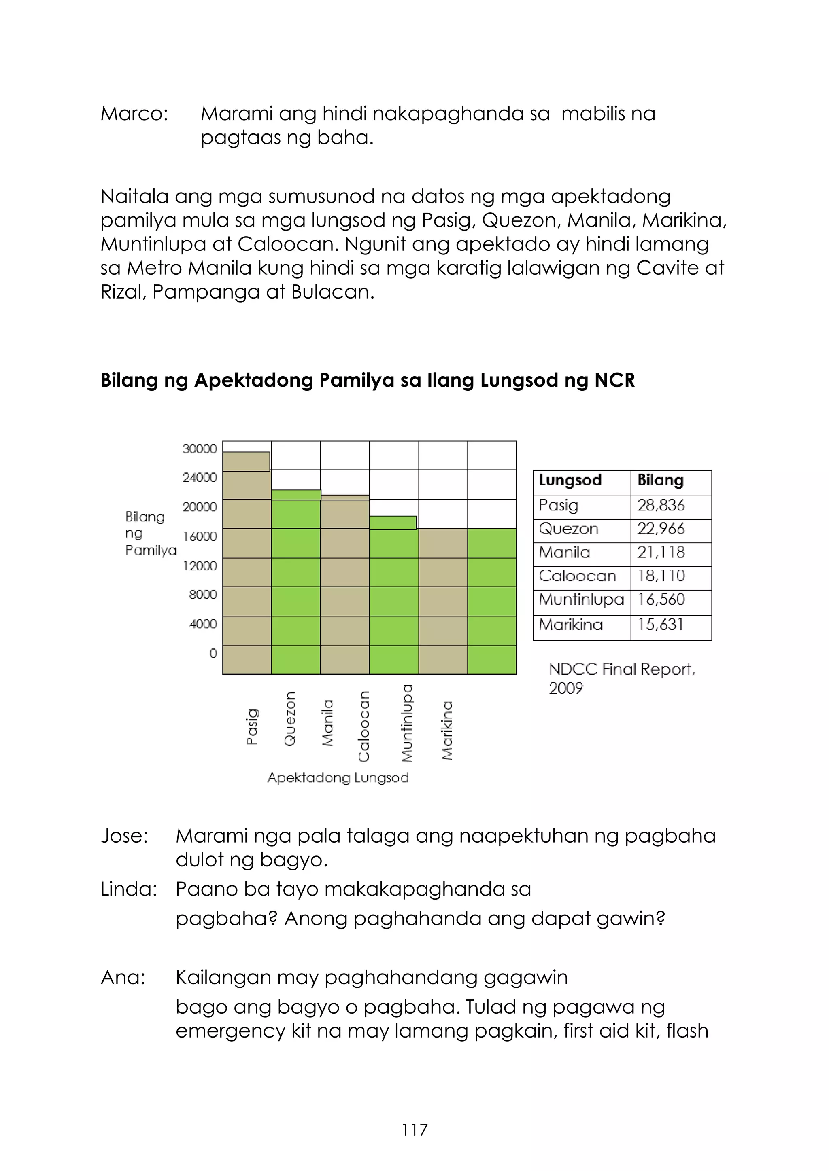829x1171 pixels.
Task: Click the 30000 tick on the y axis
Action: tap(200, 449)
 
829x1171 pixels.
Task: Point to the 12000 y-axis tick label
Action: tap(200, 565)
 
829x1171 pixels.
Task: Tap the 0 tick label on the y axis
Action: tap(213, 653)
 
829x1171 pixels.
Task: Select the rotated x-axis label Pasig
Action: tap(252, 727)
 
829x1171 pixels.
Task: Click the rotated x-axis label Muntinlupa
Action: tap(407, 723)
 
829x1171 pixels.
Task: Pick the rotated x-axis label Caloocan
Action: tap(363, 726)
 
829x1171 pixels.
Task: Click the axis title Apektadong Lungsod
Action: tap(338, 778)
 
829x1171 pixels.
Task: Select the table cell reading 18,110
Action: tap(661, 576)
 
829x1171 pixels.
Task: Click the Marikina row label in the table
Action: tap(571, 625)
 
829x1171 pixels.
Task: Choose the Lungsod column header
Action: tap(570, 481)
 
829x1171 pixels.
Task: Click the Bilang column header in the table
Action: tap(660, 481)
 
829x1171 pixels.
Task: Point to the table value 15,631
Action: tap(660, 625)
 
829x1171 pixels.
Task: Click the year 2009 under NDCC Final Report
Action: tap(565, 688)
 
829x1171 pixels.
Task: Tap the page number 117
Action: tap(414, 1130)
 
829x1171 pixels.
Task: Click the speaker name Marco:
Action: tap(134, 114)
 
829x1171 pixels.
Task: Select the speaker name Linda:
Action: tap(129, 889)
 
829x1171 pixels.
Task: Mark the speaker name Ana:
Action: tap(123, 977)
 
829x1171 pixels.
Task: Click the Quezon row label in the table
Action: tap(568, 529)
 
